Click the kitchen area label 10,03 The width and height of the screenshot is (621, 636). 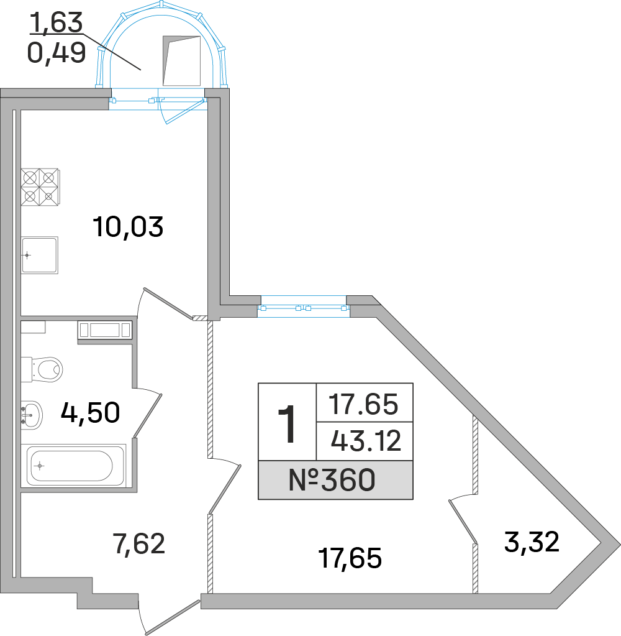[x=127, y=227]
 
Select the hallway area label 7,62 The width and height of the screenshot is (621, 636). [x=138, y=544]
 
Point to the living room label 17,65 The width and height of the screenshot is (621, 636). [x=349, y=558]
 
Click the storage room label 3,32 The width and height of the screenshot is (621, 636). [x=532, y=542]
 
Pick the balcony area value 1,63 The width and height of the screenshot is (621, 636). [x=55, y=23]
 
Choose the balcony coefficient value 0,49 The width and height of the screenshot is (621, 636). [x=56, y=53]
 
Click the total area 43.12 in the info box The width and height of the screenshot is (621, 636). [x=366, y=441]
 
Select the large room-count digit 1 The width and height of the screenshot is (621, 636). [x=287, y=423]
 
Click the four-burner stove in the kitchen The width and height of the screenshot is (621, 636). [x=39, y=187]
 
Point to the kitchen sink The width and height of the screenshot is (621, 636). [x=40, y=255]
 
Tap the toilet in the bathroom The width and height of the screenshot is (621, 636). [x=43, y=369]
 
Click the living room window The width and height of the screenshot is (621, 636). [x=304, y=307]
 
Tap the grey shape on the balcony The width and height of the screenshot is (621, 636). [x=181, y=60]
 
